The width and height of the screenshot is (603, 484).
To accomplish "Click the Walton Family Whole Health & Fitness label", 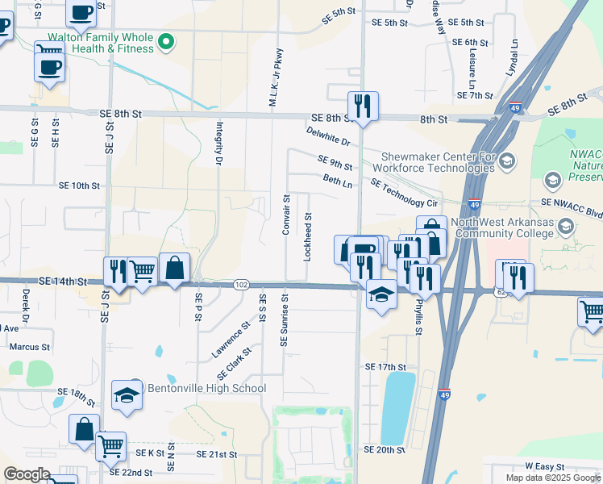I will (x=101, y=43).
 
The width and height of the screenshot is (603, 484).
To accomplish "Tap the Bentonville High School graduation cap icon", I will (x=127, y=395).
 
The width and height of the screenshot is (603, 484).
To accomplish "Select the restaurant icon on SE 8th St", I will (x=363, y=105).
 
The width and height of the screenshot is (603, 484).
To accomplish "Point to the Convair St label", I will (x=286, y=215).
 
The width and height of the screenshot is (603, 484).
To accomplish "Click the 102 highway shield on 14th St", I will (x=241, y=285).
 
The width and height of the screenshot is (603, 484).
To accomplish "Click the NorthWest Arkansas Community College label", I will (x=504, y=228).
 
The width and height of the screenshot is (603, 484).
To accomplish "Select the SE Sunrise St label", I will (x=284, y=321).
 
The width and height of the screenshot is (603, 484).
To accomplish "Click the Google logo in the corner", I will (x=27, y=474).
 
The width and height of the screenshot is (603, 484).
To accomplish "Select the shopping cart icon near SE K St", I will (x=110, y=445).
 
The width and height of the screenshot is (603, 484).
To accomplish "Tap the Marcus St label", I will (x=29, y=347).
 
